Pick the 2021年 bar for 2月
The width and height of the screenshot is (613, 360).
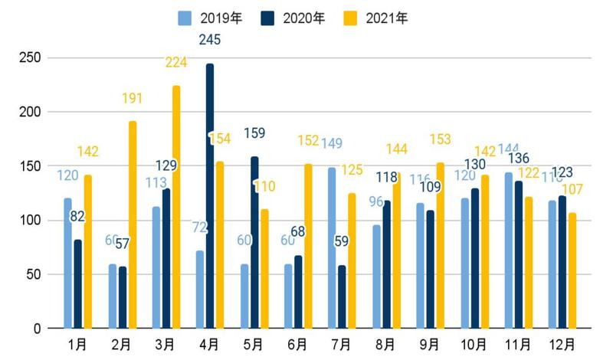pos(133,225)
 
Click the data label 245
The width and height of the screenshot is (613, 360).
pos(209,40)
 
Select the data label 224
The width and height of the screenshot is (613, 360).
pos(176,63)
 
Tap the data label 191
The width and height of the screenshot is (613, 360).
pos(133,99)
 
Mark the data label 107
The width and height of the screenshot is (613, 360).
pos(572,188)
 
